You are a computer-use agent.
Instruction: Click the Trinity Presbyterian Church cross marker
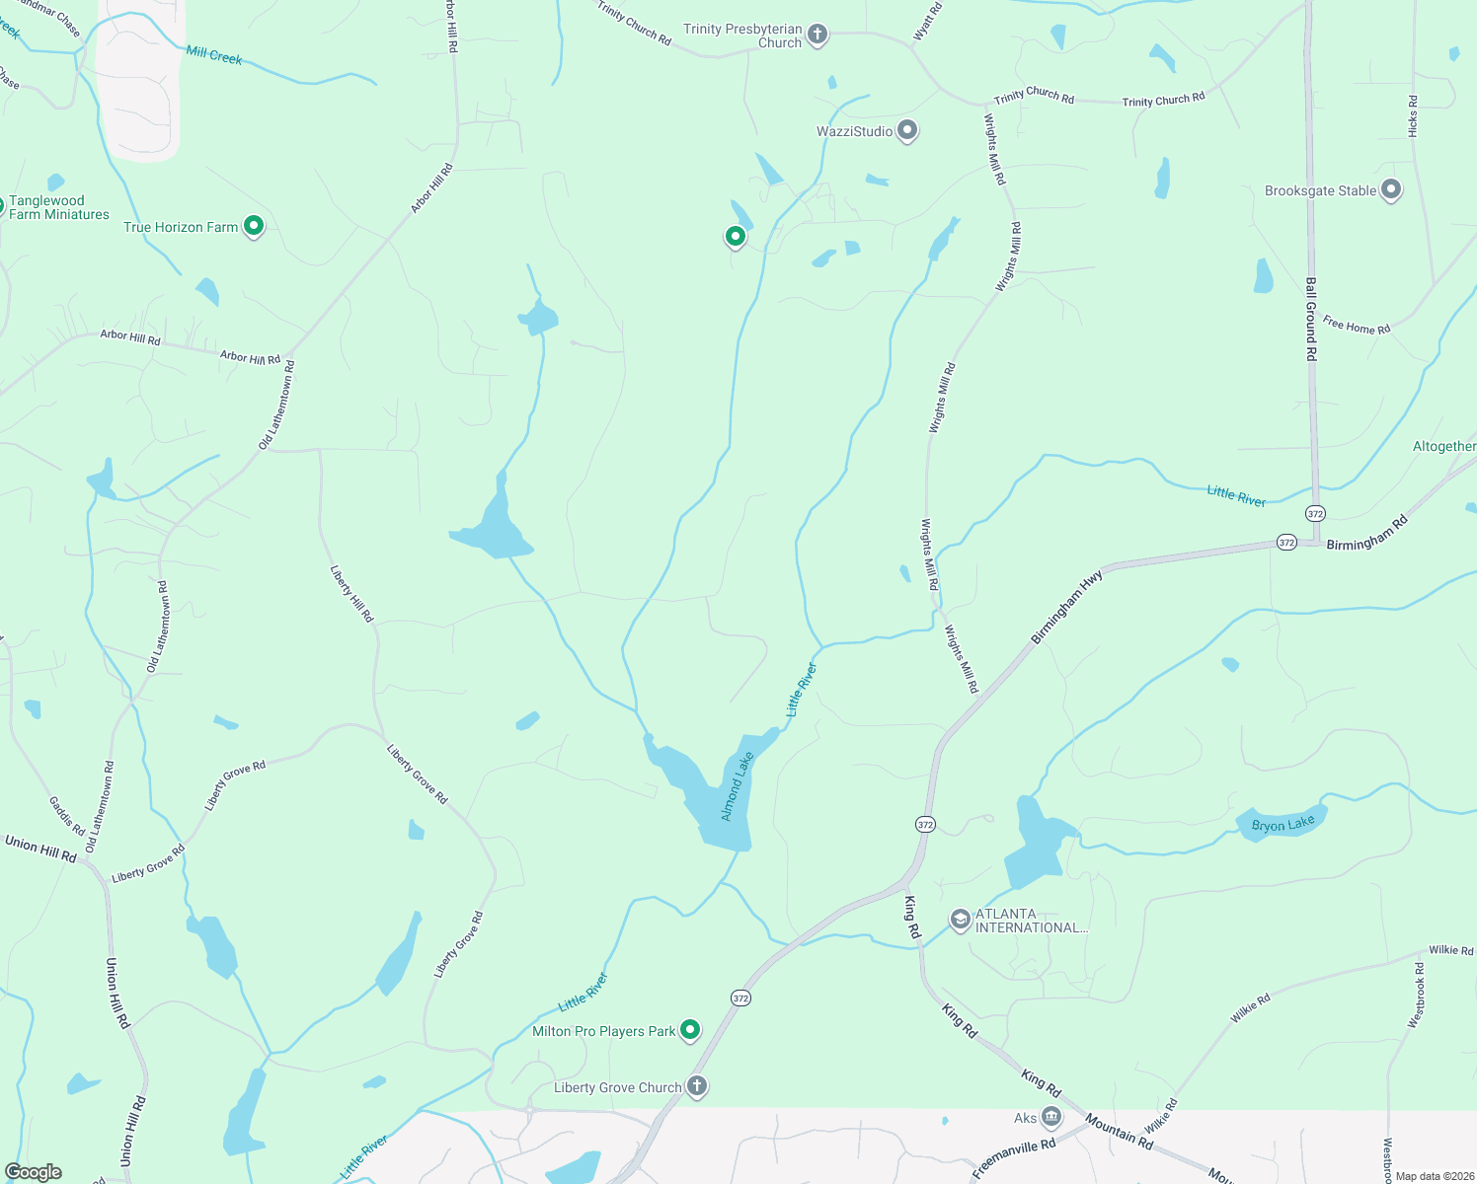tap(817, 36)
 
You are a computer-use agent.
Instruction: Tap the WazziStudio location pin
tap(907, 131)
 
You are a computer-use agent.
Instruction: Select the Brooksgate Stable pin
tap(1391, 189)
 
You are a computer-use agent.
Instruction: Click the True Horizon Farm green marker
tap(254, 227)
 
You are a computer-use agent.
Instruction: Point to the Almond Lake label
tap(737, 786)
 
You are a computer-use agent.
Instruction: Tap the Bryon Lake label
tap(1283, 825)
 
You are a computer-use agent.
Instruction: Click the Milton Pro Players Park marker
tap(690, 1030)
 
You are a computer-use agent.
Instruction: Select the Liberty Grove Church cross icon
tap(697, 1087)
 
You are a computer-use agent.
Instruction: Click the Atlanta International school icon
tap(960, 921)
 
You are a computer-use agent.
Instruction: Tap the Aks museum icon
tap(1051, 1117)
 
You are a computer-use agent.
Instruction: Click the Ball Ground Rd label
tap(1311, 319)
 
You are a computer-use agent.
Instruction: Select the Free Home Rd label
tap(1357, 326)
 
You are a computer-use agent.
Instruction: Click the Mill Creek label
tap(214, 56)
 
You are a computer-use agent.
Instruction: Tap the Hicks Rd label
tap(1413, 116)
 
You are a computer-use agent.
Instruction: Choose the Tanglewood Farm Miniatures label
tap(58, 207)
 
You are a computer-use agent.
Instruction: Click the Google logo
tap(34, 1172)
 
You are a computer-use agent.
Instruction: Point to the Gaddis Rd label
tap(67, 816)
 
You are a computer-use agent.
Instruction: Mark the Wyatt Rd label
tap(927, 22)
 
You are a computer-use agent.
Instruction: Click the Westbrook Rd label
tap(1418, 996)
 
